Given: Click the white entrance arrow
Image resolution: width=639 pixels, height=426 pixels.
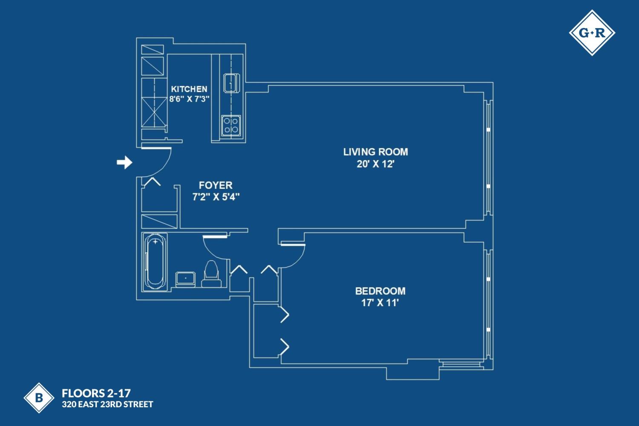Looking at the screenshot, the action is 124,162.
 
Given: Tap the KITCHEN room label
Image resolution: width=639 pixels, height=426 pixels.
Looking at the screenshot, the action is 189,89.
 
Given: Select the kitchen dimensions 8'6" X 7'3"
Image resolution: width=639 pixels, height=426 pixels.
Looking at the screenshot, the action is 189,99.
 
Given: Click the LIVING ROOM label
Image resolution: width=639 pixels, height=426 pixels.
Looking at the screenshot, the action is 375,152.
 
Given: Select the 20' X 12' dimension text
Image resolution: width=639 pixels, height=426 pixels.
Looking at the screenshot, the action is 375,164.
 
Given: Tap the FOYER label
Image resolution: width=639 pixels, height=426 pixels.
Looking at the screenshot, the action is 216,185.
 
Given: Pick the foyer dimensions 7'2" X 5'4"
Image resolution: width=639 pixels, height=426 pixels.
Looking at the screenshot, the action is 216,197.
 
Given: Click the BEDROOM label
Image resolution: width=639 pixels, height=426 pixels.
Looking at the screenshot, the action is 380,291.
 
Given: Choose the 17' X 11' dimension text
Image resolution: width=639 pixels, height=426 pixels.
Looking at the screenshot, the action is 380,303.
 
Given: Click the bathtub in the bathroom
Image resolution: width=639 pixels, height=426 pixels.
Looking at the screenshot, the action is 155,262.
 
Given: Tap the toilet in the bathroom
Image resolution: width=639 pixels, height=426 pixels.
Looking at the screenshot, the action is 211,274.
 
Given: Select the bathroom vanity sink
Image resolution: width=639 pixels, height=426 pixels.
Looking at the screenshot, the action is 186,278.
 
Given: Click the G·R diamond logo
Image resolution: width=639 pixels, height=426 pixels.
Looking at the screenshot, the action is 592,33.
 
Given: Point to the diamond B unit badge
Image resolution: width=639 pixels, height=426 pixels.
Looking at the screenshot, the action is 39,398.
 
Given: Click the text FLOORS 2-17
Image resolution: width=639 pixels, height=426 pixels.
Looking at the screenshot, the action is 96,393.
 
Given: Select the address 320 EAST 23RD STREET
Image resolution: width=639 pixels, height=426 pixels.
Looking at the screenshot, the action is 107,404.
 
